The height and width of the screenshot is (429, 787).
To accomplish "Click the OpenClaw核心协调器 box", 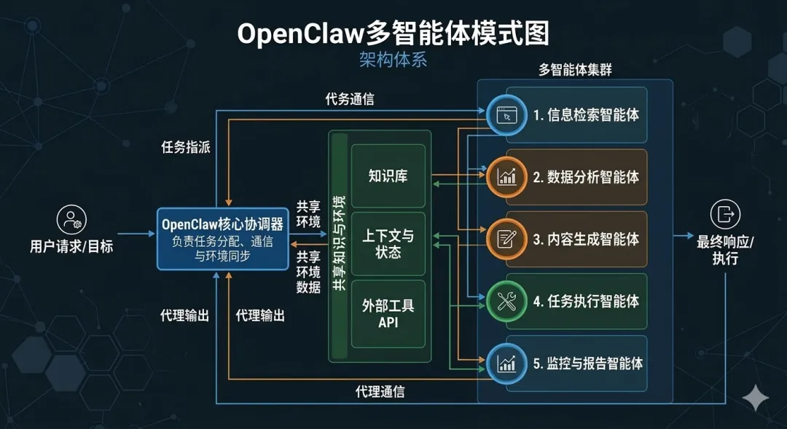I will coord(223,238).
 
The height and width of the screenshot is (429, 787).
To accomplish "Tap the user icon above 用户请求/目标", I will coord(71,219).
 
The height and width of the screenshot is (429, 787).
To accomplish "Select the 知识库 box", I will coord(388,176).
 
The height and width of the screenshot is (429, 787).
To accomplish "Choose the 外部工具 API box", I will coord(388,313).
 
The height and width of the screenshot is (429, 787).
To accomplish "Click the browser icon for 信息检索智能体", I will coord(506,114).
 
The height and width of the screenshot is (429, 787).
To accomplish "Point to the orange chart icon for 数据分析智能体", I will coord(506,176).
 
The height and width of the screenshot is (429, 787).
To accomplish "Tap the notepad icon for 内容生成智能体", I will coord(506,238).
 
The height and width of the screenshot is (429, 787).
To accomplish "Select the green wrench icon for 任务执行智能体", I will coord(506,301).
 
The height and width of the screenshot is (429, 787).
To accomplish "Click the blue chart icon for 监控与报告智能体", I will coord(506,363).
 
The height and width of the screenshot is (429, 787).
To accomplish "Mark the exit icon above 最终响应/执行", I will coord(725,214).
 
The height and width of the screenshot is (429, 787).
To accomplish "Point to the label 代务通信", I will coord(350,99).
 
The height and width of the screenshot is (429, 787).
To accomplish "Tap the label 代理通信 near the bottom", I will coord(380,392).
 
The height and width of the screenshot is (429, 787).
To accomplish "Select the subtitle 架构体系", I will coord(393,60).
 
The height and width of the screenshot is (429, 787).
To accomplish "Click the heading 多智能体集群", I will coord(575,70).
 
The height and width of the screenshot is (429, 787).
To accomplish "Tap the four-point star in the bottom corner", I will coord(756,397).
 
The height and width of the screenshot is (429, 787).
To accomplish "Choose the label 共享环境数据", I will coord(308,272).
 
